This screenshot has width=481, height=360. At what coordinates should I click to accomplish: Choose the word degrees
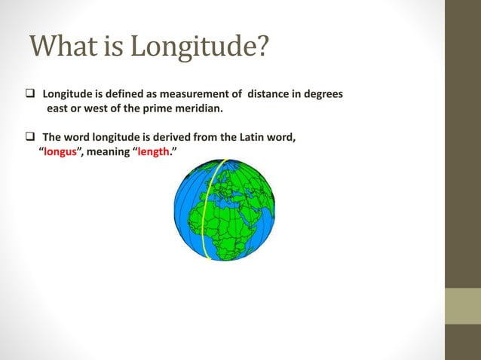tap(322, 95)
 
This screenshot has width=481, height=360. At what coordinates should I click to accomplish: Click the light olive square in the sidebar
tap(462, 306)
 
